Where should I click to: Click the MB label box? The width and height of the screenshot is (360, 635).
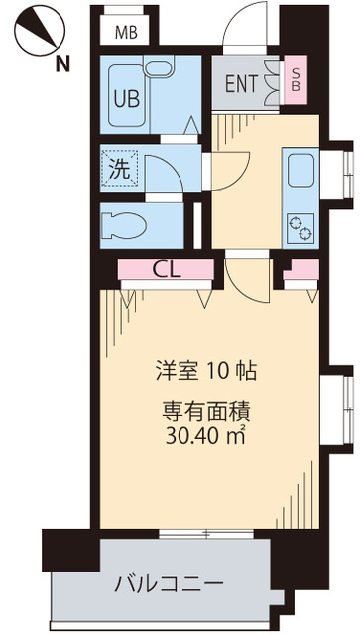point(125,32)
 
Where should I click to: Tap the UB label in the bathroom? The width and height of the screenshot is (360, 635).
point(126,98)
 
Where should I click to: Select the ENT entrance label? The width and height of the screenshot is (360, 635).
point(241,84)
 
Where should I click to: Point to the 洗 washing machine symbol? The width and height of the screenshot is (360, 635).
point(119,170)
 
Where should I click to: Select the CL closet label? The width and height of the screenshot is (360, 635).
point(166,268)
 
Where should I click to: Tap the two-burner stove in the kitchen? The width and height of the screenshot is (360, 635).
point(300,227)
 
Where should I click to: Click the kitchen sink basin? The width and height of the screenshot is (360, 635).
point(300,171)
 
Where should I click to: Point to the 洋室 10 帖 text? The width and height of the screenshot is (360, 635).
point(207,372)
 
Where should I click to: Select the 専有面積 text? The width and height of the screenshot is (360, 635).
point(207,410)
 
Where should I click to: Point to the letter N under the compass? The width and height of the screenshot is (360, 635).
point(61,64)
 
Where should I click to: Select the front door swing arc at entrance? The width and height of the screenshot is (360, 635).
point(243,28)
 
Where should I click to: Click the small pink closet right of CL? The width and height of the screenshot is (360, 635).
point(295,270)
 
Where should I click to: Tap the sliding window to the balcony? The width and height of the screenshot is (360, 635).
point(206,534)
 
